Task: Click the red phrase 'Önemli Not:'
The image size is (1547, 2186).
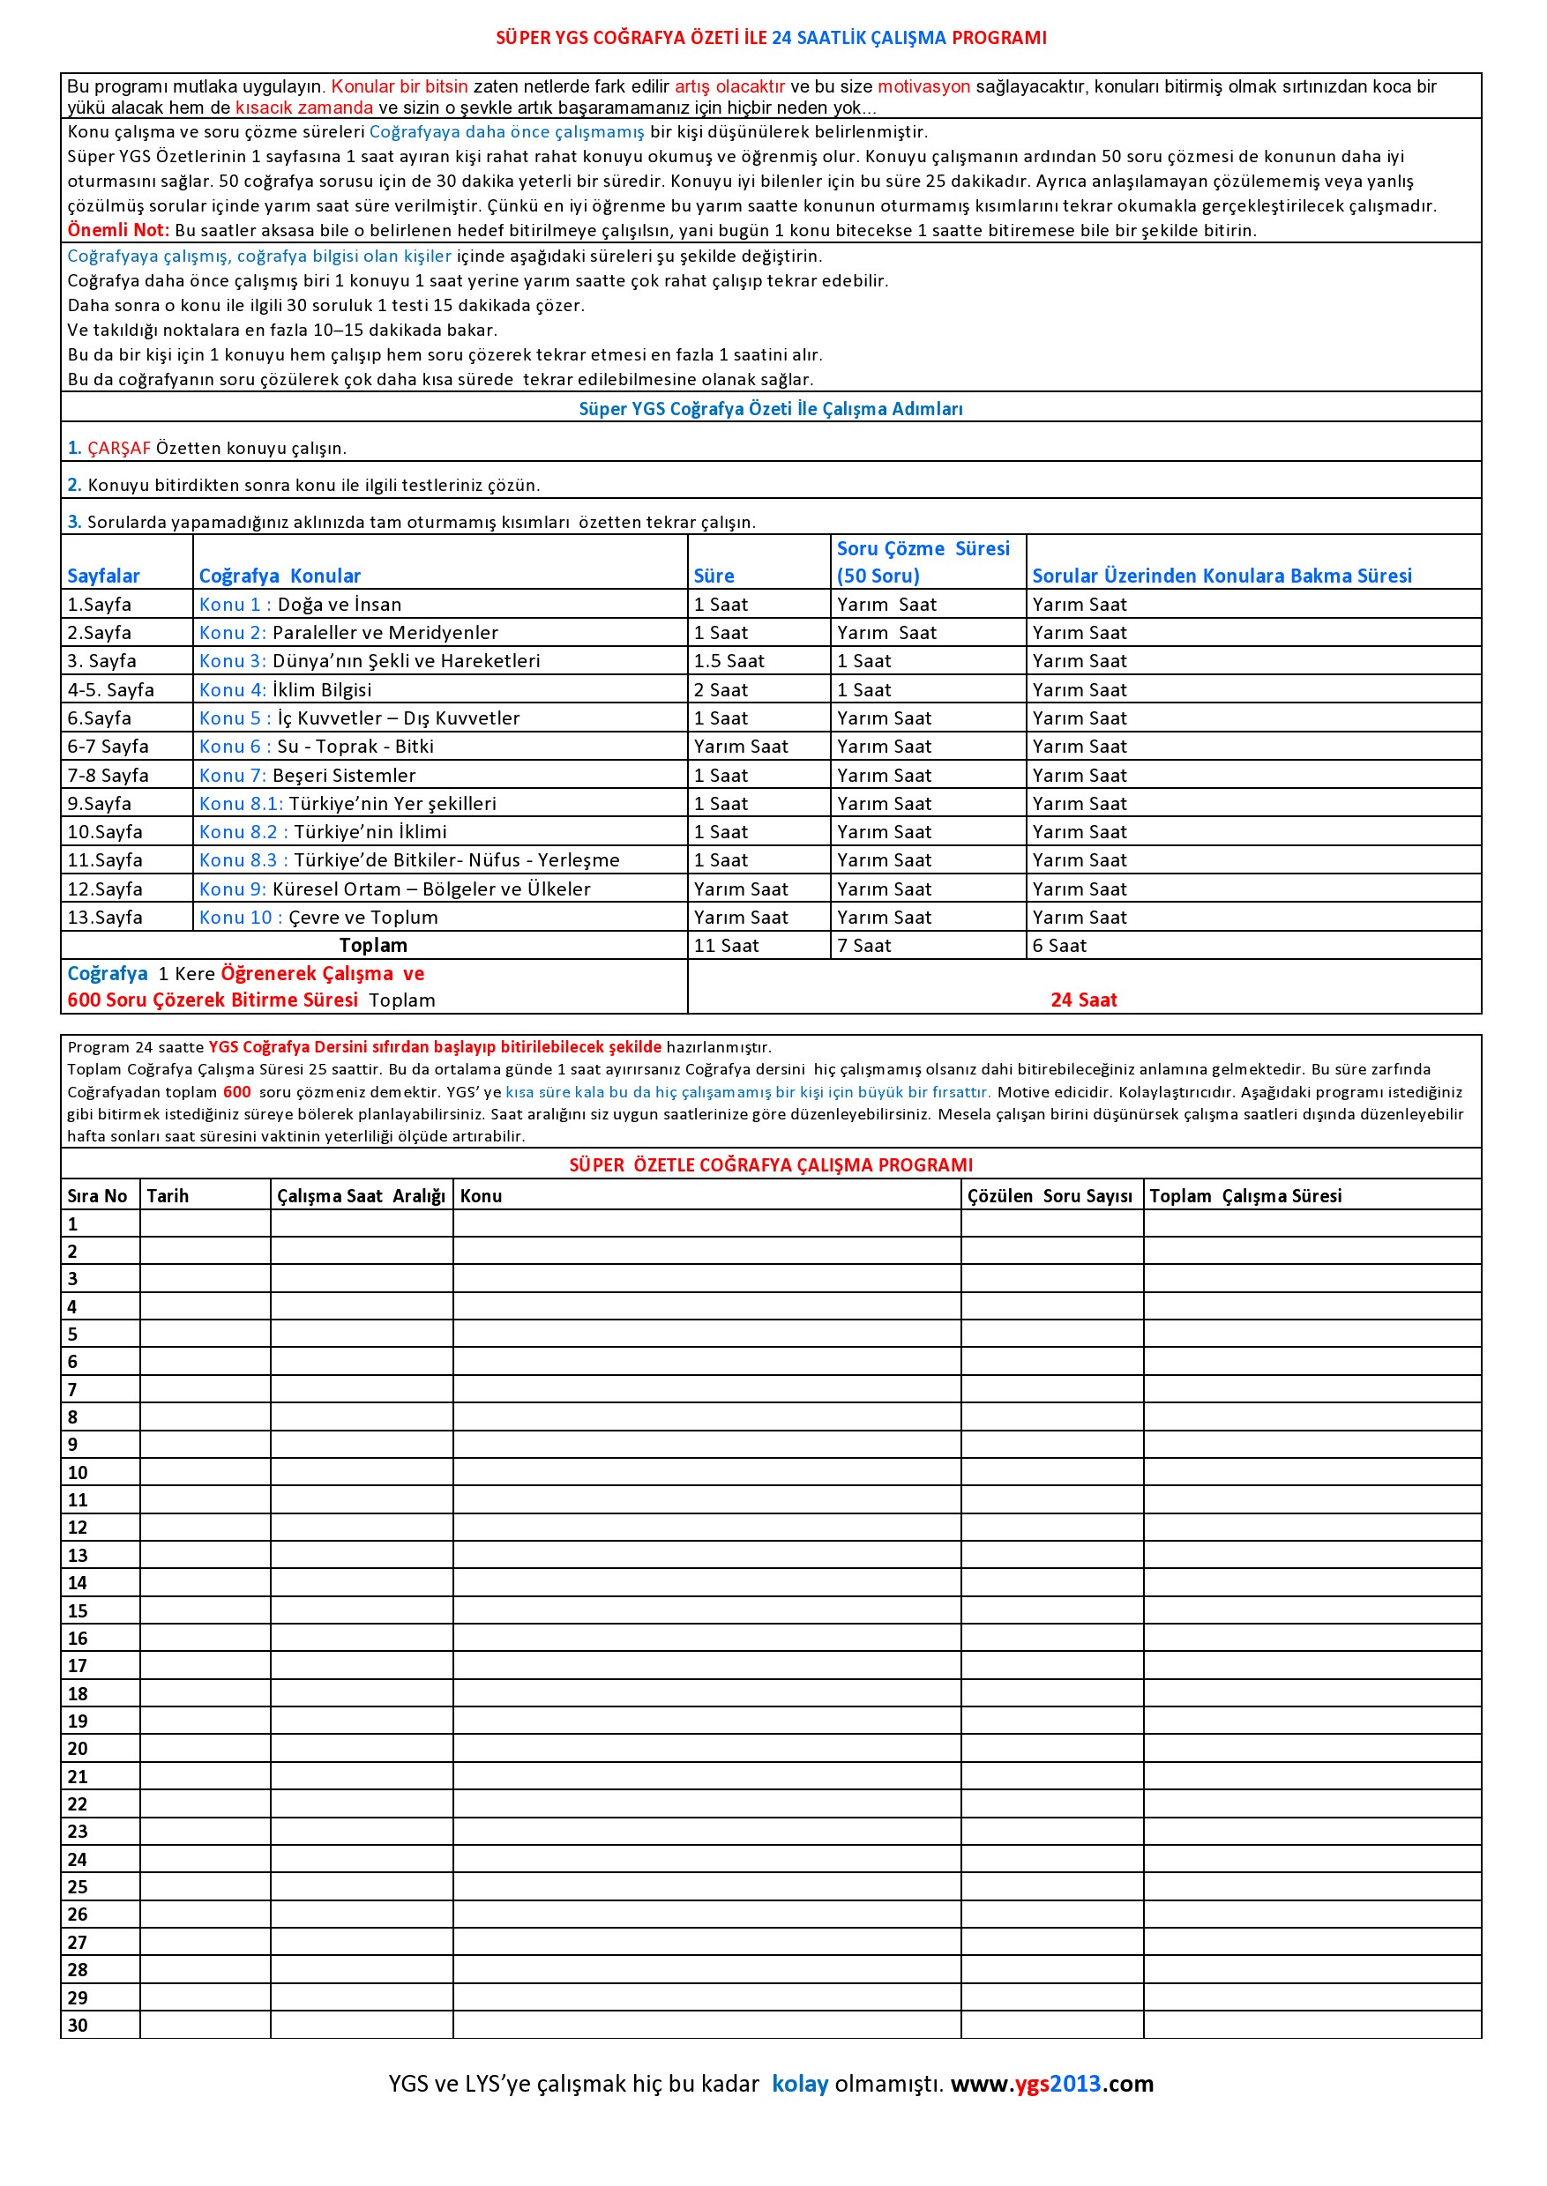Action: [x=117, y=230]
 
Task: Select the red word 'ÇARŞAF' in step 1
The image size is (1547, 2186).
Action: [x=119, y=449]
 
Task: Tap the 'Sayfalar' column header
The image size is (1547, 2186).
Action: [x=103, y=576]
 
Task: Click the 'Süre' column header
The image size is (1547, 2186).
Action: [x=714, y=576]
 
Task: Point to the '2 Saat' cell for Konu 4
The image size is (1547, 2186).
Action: [x=721, y=690]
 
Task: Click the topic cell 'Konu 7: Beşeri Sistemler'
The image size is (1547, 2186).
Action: [x=307, y=776]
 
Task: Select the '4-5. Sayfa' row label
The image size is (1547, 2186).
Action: [x=110, y=690]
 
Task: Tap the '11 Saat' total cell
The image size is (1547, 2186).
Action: [x=726, y=947]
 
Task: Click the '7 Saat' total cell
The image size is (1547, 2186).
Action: [x=864, y=947]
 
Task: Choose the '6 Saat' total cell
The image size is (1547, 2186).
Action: [x=1059, y=947]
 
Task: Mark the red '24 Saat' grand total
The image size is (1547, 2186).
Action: [x=1083, y=1000]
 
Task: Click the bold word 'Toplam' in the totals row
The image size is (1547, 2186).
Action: [x=373, y=947]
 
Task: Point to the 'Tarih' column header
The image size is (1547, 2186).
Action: [x=168, y=1197]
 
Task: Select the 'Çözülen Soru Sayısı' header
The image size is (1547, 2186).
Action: [x=1050, y=1197]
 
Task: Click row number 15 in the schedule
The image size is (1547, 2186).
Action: [x=77, y=1611]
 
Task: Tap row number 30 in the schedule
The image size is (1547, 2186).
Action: [x=77, y=2025]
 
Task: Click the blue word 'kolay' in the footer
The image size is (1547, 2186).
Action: [x=799, y=2084]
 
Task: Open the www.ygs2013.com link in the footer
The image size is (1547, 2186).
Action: [x=1051, y=2084]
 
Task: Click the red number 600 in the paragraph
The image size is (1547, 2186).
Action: [x=236, y=1093]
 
